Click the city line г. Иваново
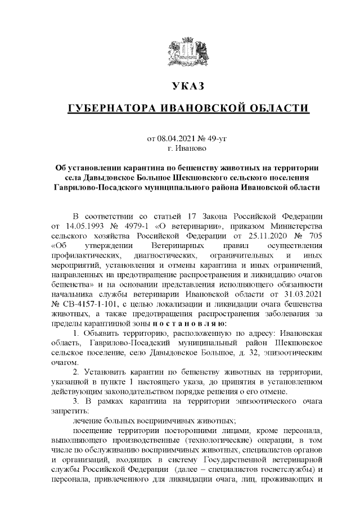(x=188, y=148)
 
